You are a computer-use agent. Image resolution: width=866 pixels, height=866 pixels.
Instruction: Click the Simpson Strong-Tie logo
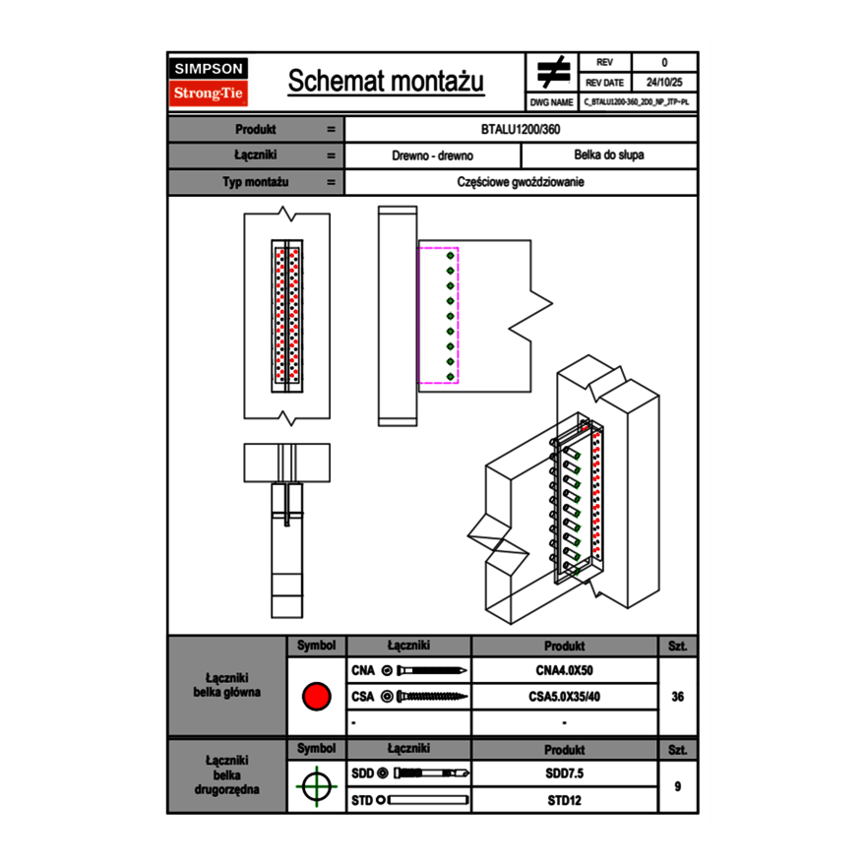coord(210,82)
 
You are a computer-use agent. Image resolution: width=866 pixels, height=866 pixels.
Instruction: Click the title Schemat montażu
coord(385,82)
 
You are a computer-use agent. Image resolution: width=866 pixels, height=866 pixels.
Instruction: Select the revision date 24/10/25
coord(664,83)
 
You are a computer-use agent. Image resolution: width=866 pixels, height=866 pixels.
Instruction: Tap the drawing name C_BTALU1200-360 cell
coord(637,101)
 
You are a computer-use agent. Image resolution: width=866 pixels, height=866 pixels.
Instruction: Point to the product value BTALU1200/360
coord(521,129)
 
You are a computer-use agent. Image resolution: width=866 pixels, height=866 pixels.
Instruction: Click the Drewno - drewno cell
coord(433,155)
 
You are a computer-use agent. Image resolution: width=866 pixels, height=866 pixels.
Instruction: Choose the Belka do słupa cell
coord(608,155)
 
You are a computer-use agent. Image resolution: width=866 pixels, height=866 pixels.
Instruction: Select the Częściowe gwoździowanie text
coord(521,182)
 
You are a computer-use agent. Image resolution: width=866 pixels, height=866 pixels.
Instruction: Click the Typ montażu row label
coord(255,182)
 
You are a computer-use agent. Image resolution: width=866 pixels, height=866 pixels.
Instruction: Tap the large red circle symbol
coord(316,697)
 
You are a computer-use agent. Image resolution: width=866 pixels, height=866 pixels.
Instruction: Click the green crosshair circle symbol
coord(316,786)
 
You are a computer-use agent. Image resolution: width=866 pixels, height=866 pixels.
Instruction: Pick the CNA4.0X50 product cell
coord(564,671)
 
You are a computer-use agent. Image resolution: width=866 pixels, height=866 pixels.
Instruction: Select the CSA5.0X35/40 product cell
coord(564,697)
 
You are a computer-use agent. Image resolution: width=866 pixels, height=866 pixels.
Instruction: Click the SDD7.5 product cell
coord(564,773)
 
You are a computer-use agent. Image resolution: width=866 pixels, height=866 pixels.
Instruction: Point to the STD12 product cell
coord(564,800)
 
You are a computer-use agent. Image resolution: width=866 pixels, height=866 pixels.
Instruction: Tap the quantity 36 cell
coord(677,697)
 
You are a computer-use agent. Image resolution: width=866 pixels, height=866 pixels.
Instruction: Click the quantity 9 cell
coord(677,786)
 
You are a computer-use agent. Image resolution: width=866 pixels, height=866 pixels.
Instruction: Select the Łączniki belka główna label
coord(227,685)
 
